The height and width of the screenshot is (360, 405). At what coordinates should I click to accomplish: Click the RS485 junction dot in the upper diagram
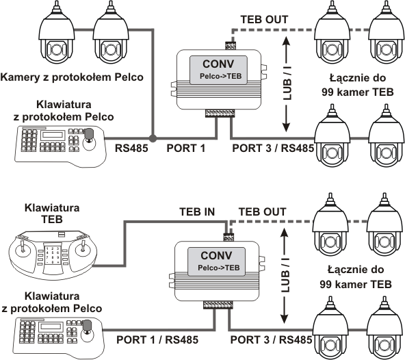(153, 138)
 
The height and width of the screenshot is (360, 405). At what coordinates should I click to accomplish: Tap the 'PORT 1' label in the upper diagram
(185, 149)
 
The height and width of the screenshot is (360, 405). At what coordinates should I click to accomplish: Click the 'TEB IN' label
(197, 211)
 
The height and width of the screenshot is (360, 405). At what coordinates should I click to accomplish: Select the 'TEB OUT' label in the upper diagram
(264, 20)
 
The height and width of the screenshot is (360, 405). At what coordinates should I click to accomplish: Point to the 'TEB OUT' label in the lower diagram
(262, 211)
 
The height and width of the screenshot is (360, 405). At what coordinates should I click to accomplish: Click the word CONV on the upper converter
(218, 64)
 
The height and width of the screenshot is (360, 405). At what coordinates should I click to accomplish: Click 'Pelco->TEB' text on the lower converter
(219, 268)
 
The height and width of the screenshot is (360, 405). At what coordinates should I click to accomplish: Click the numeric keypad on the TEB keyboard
(53, 255)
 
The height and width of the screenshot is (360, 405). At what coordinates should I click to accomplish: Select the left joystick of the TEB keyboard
(23, 248)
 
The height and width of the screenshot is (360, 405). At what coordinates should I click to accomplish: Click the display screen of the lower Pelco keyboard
(51, 326)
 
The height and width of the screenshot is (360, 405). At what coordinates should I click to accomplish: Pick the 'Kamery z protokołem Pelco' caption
(72, 77)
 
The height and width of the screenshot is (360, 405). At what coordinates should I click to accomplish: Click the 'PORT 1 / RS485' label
(157, 339)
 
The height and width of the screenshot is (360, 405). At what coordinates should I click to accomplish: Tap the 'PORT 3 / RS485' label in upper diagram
(273, 149)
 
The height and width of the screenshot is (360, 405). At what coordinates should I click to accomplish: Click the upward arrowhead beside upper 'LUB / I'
(286, 41)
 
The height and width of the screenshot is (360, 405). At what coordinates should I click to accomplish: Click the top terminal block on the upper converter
(231, 46)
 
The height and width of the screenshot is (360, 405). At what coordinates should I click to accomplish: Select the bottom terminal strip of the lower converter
(218, 305)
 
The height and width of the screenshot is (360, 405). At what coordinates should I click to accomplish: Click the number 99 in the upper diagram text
(328, 92)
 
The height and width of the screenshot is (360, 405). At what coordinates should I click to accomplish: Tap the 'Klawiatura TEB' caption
(52, 214)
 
